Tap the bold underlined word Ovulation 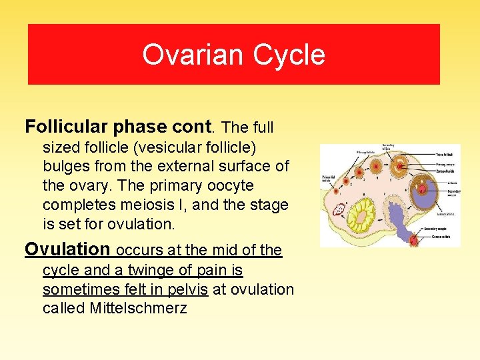coord(67,249)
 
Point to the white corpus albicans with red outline coord(339,209)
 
